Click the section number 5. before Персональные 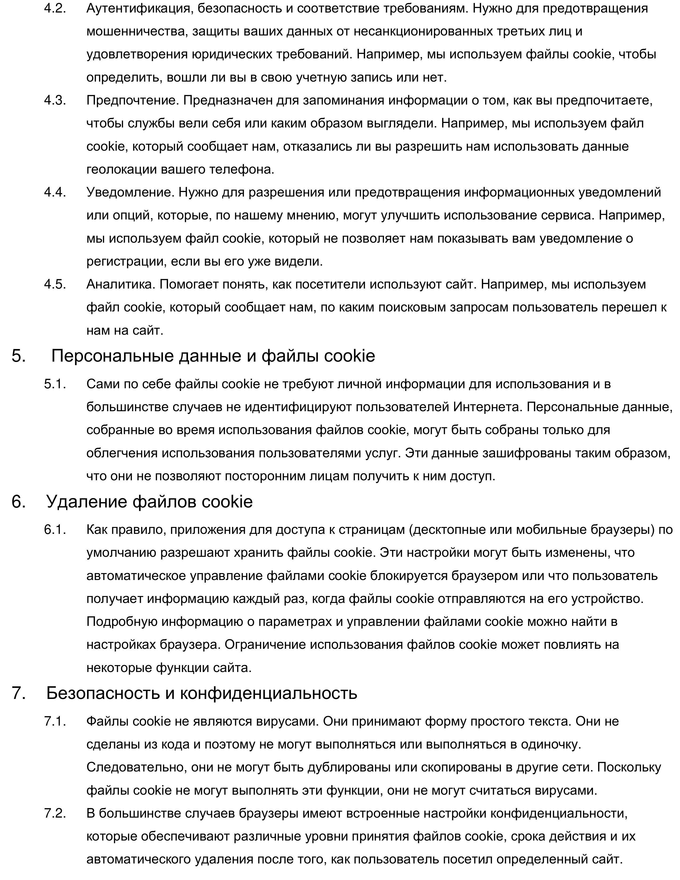(x=19, y=356)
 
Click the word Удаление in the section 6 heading (x=87, y=502)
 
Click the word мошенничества (x=136, y=31)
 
